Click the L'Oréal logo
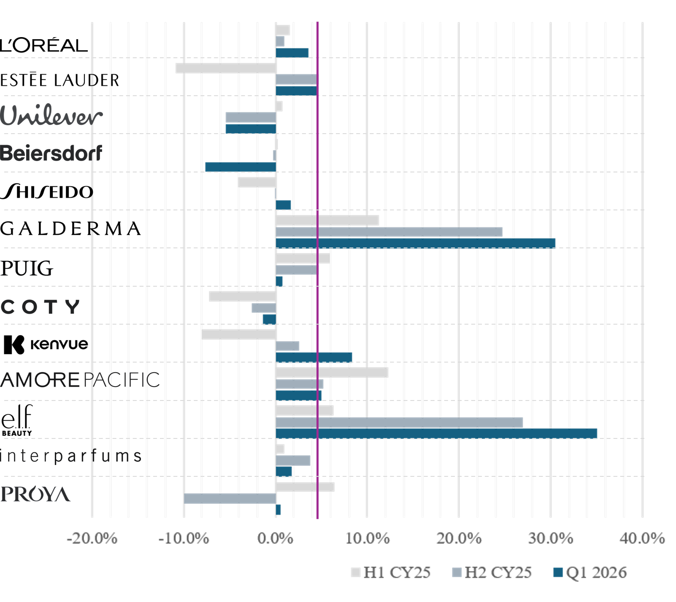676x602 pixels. (x=44, y=45)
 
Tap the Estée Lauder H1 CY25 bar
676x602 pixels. (x=226, y=68)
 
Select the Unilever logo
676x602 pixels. (x=51, y=115)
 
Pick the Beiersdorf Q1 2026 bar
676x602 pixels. (x=241, y=167)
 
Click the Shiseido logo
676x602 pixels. (x=46, y=191)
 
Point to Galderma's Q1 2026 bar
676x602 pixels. (x=416, y=243)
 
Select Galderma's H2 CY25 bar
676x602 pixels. (x=389, y=232)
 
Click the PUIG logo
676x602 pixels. (x=27, y=268)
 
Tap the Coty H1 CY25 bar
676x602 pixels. (x=243, y=296)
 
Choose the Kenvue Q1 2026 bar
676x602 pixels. (x=314, y=357)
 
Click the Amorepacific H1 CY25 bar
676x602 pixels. (x=332, y=372)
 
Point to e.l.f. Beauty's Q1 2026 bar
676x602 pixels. (x=436, y=433)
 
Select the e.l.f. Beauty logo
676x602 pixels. (x=17, y=420)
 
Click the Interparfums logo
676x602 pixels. (x=71, y=456)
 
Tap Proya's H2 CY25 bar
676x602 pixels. (x=230, y=498)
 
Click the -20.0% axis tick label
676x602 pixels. (x=92, y=538)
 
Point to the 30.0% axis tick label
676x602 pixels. (x=551, y=538)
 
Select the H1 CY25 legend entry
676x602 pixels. (x=391, y=572)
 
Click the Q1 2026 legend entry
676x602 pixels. (x=590, y=572)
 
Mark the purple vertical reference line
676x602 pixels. (x=317, y=270)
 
